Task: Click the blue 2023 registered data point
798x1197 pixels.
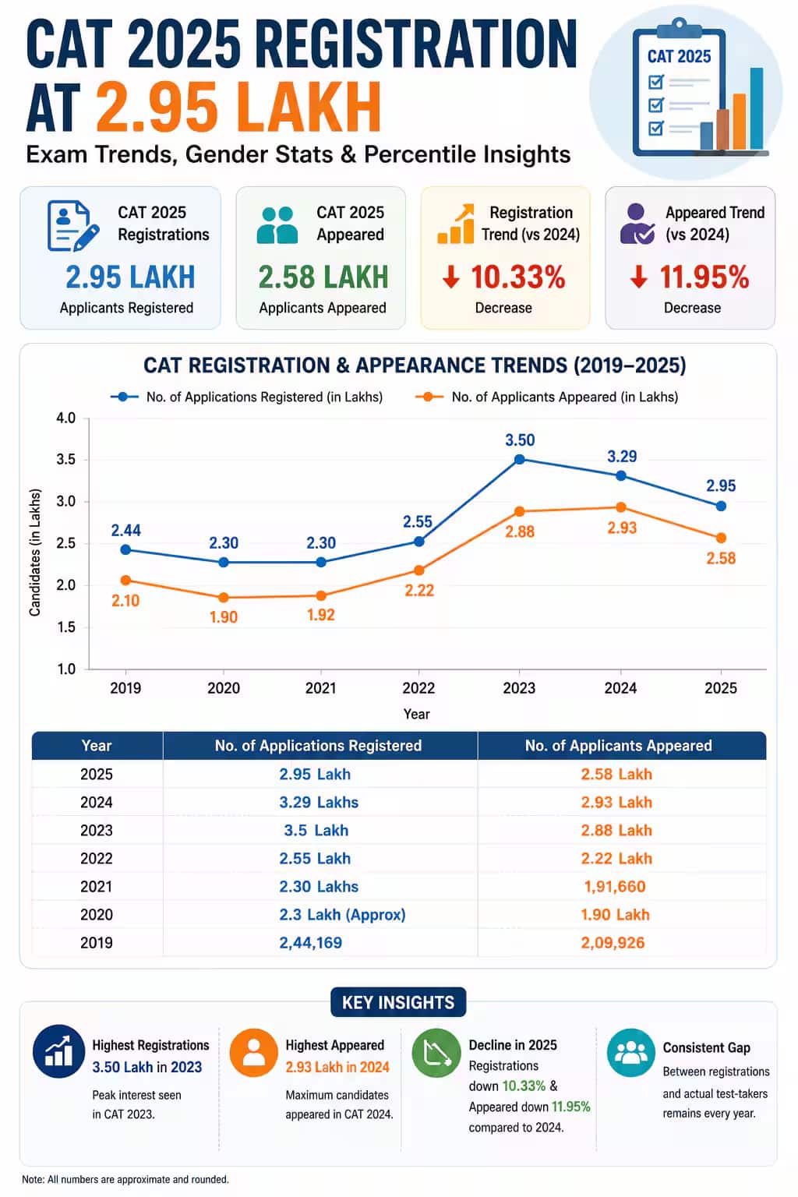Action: click(519, 460)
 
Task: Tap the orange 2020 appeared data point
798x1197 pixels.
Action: click(224, 598)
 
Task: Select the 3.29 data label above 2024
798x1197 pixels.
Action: click(622, 457)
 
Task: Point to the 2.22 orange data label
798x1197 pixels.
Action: click(419, 591)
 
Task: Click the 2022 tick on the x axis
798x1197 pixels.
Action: click(418, 688)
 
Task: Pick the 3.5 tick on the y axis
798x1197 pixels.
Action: click(65, 460)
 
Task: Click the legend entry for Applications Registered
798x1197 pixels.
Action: click(246, 397)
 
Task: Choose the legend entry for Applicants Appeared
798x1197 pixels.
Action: click(547, 397)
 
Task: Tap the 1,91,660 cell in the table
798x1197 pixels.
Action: click(615, 887)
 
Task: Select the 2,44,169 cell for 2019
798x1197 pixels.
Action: click(310, 943)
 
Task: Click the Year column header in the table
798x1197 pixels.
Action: click(96, 746)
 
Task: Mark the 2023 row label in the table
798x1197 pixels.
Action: click(96, 831)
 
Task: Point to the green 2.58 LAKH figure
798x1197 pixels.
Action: click(323, 277)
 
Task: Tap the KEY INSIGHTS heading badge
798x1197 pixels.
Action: click(398, 1002)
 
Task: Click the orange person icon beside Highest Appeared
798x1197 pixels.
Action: click(254, 1053)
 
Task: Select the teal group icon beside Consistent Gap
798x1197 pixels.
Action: click(631, 1053)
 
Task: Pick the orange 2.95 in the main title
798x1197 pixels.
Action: click(157, 107)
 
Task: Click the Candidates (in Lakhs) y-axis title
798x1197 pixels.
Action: click(35, 552)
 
